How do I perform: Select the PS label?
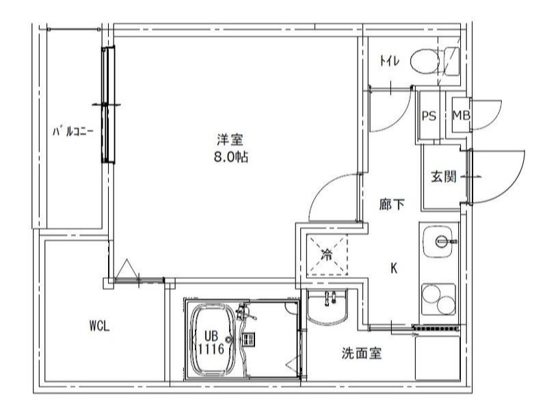point(429,116)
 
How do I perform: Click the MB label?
point(461,116)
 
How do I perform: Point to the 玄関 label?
point(443,176)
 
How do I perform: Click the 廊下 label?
point(391,203)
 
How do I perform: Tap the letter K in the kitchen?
point(394,268)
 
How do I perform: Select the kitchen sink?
point(441,241)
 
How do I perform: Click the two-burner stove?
point(439,297)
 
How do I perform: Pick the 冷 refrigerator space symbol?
point(327,256)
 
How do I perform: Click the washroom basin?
point(327,306)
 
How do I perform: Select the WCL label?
point(99,326)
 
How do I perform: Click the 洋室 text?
point(230,140)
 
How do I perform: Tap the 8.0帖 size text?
point(230,157)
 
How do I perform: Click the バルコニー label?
point(73,130)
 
